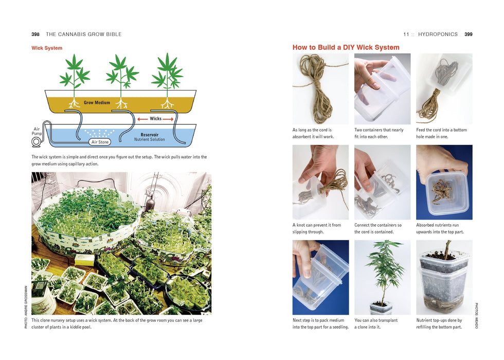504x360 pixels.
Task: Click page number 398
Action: click(x=35, y=34)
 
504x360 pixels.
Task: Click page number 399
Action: click(x=468, y=34)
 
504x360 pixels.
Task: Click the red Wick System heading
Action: click(x=47, y=48)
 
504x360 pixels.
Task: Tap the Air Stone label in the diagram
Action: click(x=100, y=142)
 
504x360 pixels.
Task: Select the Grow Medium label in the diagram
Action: click(x=97, y=103)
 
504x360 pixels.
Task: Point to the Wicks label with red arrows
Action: click(x=155, y=119)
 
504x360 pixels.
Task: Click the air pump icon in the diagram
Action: click(x=36, y=141)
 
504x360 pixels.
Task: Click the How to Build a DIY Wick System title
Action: click(x=346, y=47)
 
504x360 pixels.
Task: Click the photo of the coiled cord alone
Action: click(x=320, y=88)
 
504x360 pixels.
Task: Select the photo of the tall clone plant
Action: click(x=382, y=277)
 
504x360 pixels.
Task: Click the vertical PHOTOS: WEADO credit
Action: click(x=476, y=315)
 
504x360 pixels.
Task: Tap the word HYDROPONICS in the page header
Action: click(x=438, y=34)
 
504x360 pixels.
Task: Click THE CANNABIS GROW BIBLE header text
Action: click(x=84, y=34)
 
